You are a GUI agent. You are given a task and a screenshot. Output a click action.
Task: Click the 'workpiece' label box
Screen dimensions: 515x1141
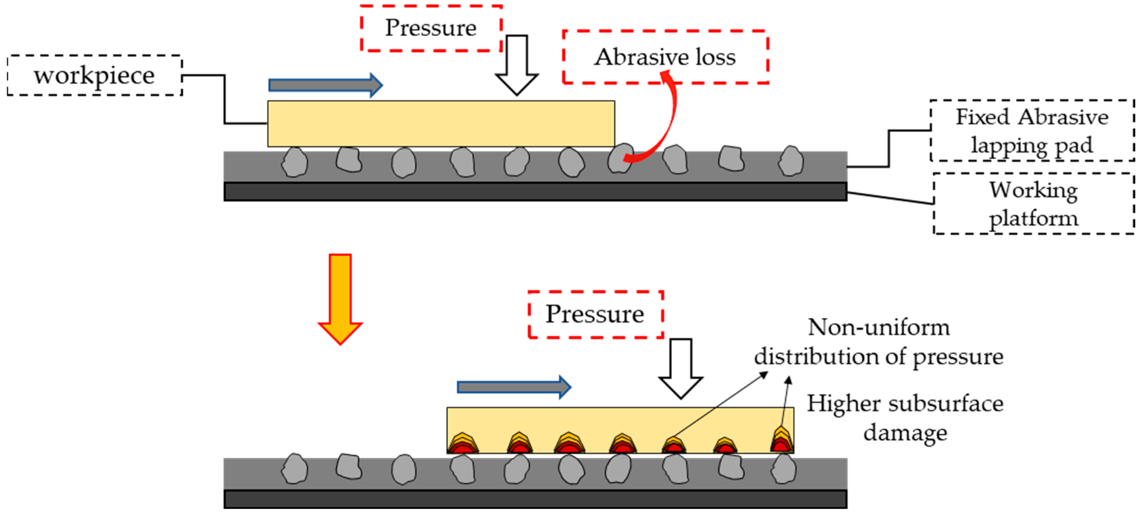pyautogui.click(x=95, y=75)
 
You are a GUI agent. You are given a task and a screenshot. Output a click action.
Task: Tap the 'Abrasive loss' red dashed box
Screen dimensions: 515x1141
pyautogui.click(x=665, y=57)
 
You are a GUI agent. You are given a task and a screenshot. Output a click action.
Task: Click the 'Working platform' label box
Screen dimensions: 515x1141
pyautogui.click(x=1033, y=204)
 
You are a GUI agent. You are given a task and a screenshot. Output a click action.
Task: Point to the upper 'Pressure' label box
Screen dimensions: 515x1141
pyautogui.click(x=431, y=28)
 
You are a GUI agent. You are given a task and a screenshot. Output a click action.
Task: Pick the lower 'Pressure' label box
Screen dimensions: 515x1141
pyautogui.click(x=595, y=314)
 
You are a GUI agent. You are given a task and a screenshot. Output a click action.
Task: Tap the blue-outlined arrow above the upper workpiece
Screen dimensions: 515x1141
pyautogui.click(x=325, y=85)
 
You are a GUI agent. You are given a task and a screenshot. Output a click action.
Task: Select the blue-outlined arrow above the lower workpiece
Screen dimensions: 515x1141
pyautogui.click(x=514, y=387)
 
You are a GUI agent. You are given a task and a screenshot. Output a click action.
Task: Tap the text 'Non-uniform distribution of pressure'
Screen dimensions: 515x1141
pyautogui.click(x=879, y=342)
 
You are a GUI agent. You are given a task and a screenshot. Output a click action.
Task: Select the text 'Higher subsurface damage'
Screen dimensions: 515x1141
pyautogui.click(x=905, y=418)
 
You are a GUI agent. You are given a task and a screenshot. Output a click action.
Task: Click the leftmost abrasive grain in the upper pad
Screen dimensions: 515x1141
pyautogui.click(x=295, y=162)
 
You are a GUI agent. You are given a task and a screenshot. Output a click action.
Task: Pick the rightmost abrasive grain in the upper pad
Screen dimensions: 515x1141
pyautogui.click(x=791, y=161)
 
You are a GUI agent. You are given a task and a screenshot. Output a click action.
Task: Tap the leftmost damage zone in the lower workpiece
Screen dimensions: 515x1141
pyautogui.click(x=463, y=444)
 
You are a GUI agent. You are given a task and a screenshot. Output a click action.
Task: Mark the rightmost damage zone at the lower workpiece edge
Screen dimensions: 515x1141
pyautogui.click(x=782, y=441)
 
